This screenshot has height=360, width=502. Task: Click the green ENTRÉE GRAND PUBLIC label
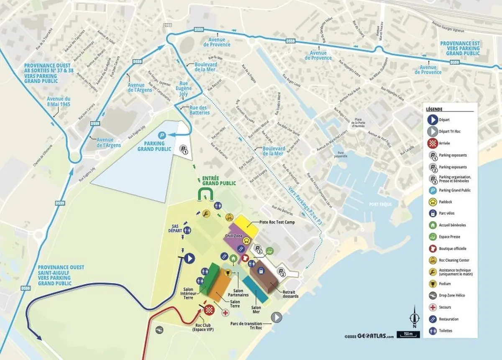219,180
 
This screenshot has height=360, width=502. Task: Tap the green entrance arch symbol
206,194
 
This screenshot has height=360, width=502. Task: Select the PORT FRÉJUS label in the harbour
379,204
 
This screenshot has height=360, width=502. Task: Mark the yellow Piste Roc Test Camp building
246,225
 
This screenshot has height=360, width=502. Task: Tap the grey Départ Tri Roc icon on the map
277,317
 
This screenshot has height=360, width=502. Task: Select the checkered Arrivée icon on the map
210,310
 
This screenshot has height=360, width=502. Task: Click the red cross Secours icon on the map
226,313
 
